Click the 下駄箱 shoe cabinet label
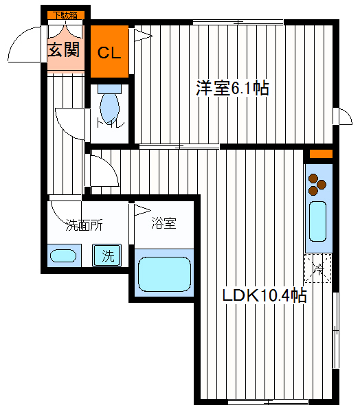66,15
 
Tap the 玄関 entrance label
64,49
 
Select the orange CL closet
109,51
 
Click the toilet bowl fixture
110,104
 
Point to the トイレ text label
111,123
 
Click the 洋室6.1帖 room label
232,89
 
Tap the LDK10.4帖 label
265,295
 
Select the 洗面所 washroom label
84,225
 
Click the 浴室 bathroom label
164,223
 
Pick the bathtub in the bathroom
164,274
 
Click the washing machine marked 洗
106,255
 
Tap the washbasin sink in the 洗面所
63,256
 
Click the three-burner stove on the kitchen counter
317,184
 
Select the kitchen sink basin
318,221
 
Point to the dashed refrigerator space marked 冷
318,268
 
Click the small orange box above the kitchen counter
321,154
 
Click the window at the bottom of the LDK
268,402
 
